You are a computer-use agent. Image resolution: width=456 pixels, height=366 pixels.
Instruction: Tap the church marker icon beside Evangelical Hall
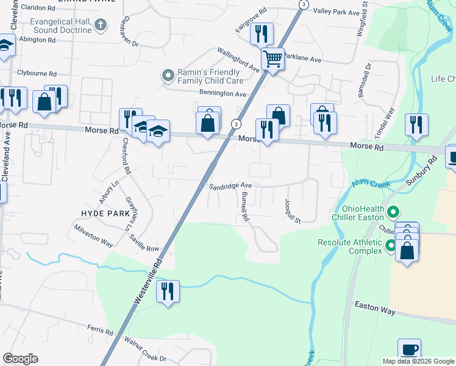(102, 25)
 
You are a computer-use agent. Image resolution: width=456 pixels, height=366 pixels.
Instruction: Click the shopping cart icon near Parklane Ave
(273, 59)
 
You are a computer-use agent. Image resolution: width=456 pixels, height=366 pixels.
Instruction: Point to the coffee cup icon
(410, 350)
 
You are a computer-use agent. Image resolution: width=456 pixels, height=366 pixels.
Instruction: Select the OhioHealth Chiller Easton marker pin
(393, 213)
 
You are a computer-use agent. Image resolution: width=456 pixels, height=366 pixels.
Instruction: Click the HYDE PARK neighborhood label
(106, 213)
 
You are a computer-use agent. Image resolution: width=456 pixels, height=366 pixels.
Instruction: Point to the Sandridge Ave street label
(230, 186)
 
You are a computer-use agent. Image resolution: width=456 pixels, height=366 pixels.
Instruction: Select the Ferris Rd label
(101, 331)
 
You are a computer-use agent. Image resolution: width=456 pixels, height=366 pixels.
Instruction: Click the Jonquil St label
(293, 210)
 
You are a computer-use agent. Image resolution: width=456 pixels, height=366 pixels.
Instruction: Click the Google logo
(20, 358)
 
